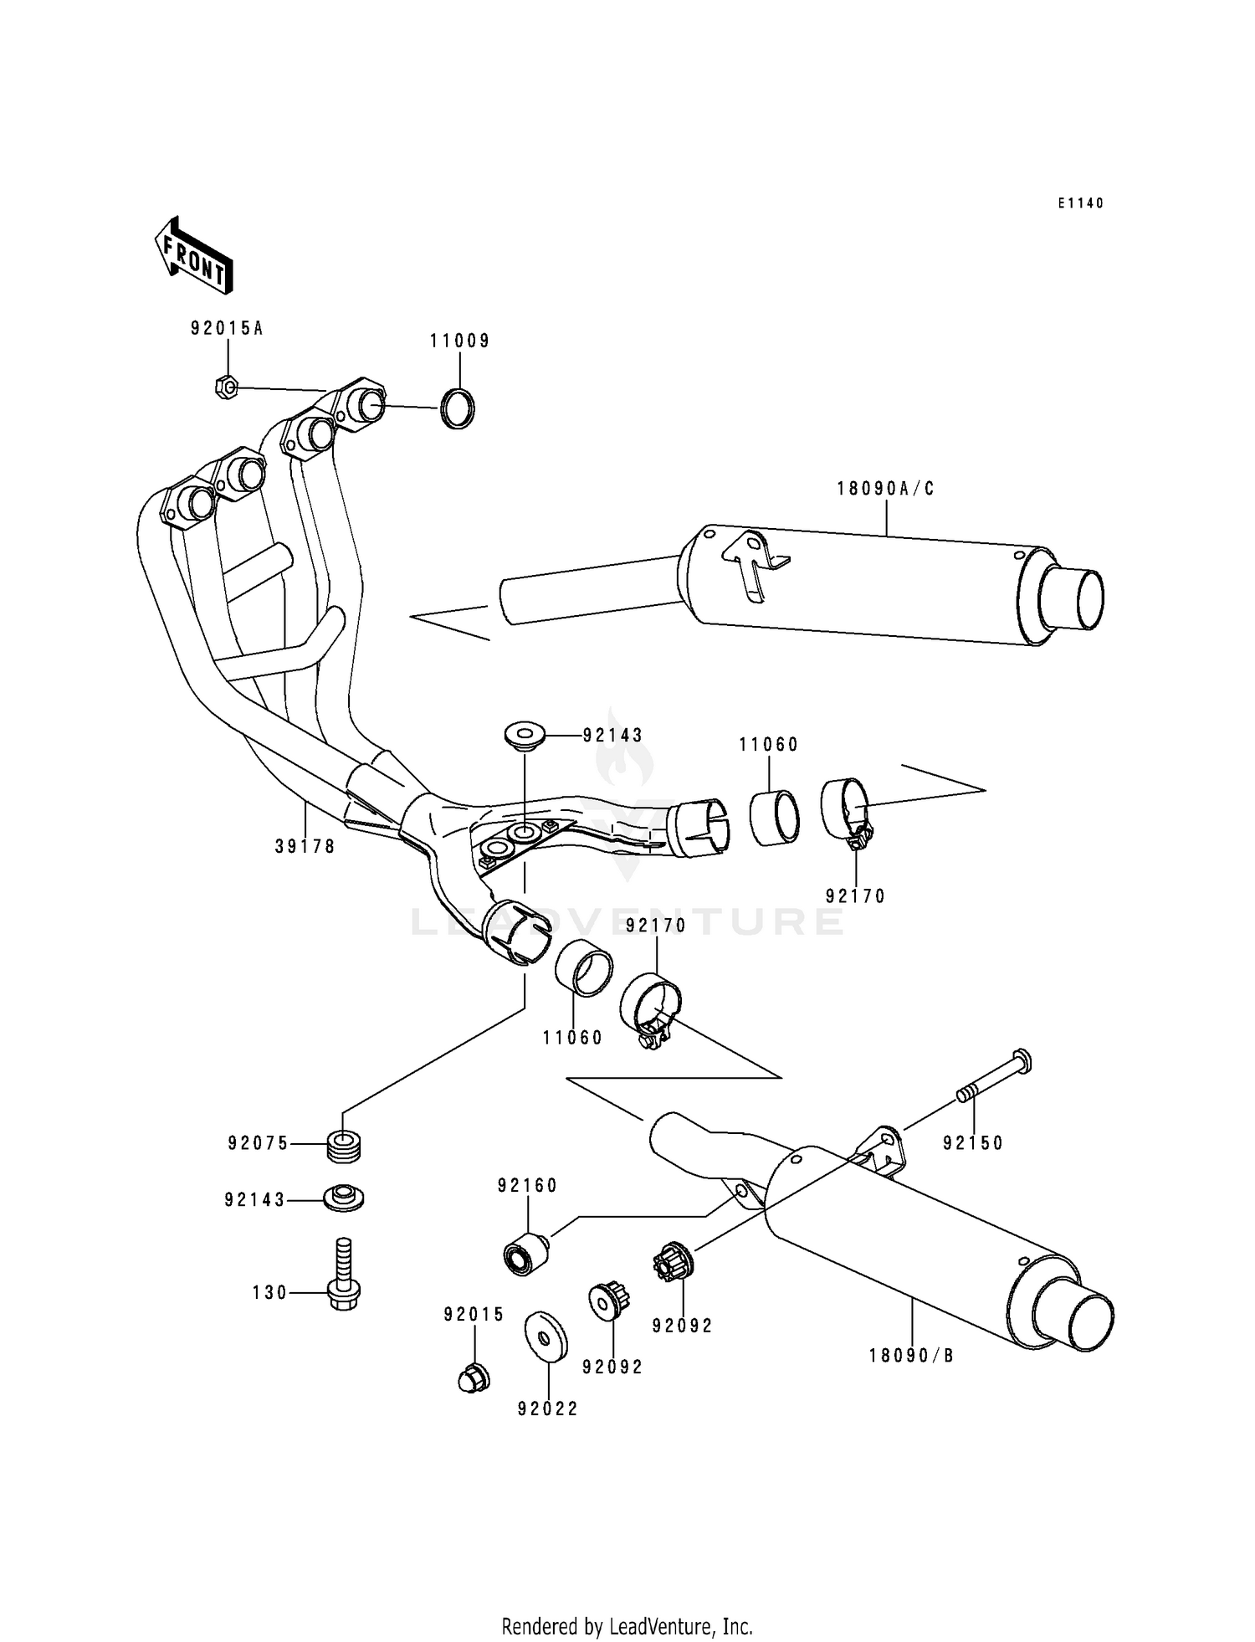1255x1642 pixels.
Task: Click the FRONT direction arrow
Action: tap(193, 255)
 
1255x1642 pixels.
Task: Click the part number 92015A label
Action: tap(226, 329)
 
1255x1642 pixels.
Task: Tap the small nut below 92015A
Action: tap(226, 387)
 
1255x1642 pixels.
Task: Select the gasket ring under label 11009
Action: tap(458, 409)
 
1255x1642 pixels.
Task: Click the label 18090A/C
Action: tap(885, 489)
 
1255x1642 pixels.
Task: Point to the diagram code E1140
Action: tap(1080, 203)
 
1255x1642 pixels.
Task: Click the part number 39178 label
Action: tap(305, 847)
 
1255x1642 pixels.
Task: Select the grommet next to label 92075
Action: tap(345, 1144)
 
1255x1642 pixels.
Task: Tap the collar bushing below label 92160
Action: tap(525, 1256)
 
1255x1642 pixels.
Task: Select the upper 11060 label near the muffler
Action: tap(768, 744)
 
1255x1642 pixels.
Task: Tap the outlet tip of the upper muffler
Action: tap(1071, 598)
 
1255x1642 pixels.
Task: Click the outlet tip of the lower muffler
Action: tap(1075, 1321)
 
